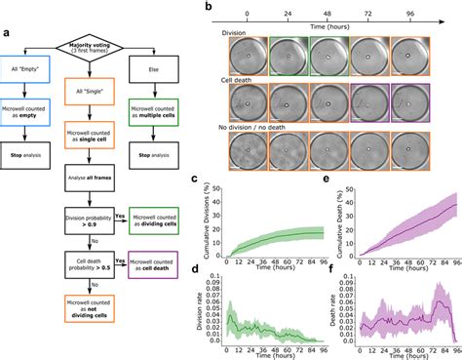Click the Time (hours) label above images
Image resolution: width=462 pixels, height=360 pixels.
335,29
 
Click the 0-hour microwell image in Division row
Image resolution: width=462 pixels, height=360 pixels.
248,58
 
